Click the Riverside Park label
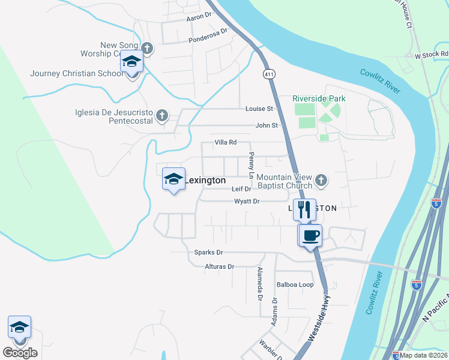tap(319, 98)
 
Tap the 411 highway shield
tap(268, 73)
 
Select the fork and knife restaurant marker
tap(305, 209)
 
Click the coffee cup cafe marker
tap(310, 235)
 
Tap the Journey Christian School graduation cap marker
tap(132, 62)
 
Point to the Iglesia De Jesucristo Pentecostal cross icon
tap(161, 115)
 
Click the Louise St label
tap(259, 109)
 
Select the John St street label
tap(267, 125)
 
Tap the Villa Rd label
tap(226, 143)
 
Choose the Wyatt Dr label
tap(247, 202)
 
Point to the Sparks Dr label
tap(208, 253)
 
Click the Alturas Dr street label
tap(219, 266)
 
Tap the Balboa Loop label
tap(295, 284)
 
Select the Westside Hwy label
tap(319, 322)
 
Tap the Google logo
tap(20, 353)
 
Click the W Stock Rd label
tap(432, 55)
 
